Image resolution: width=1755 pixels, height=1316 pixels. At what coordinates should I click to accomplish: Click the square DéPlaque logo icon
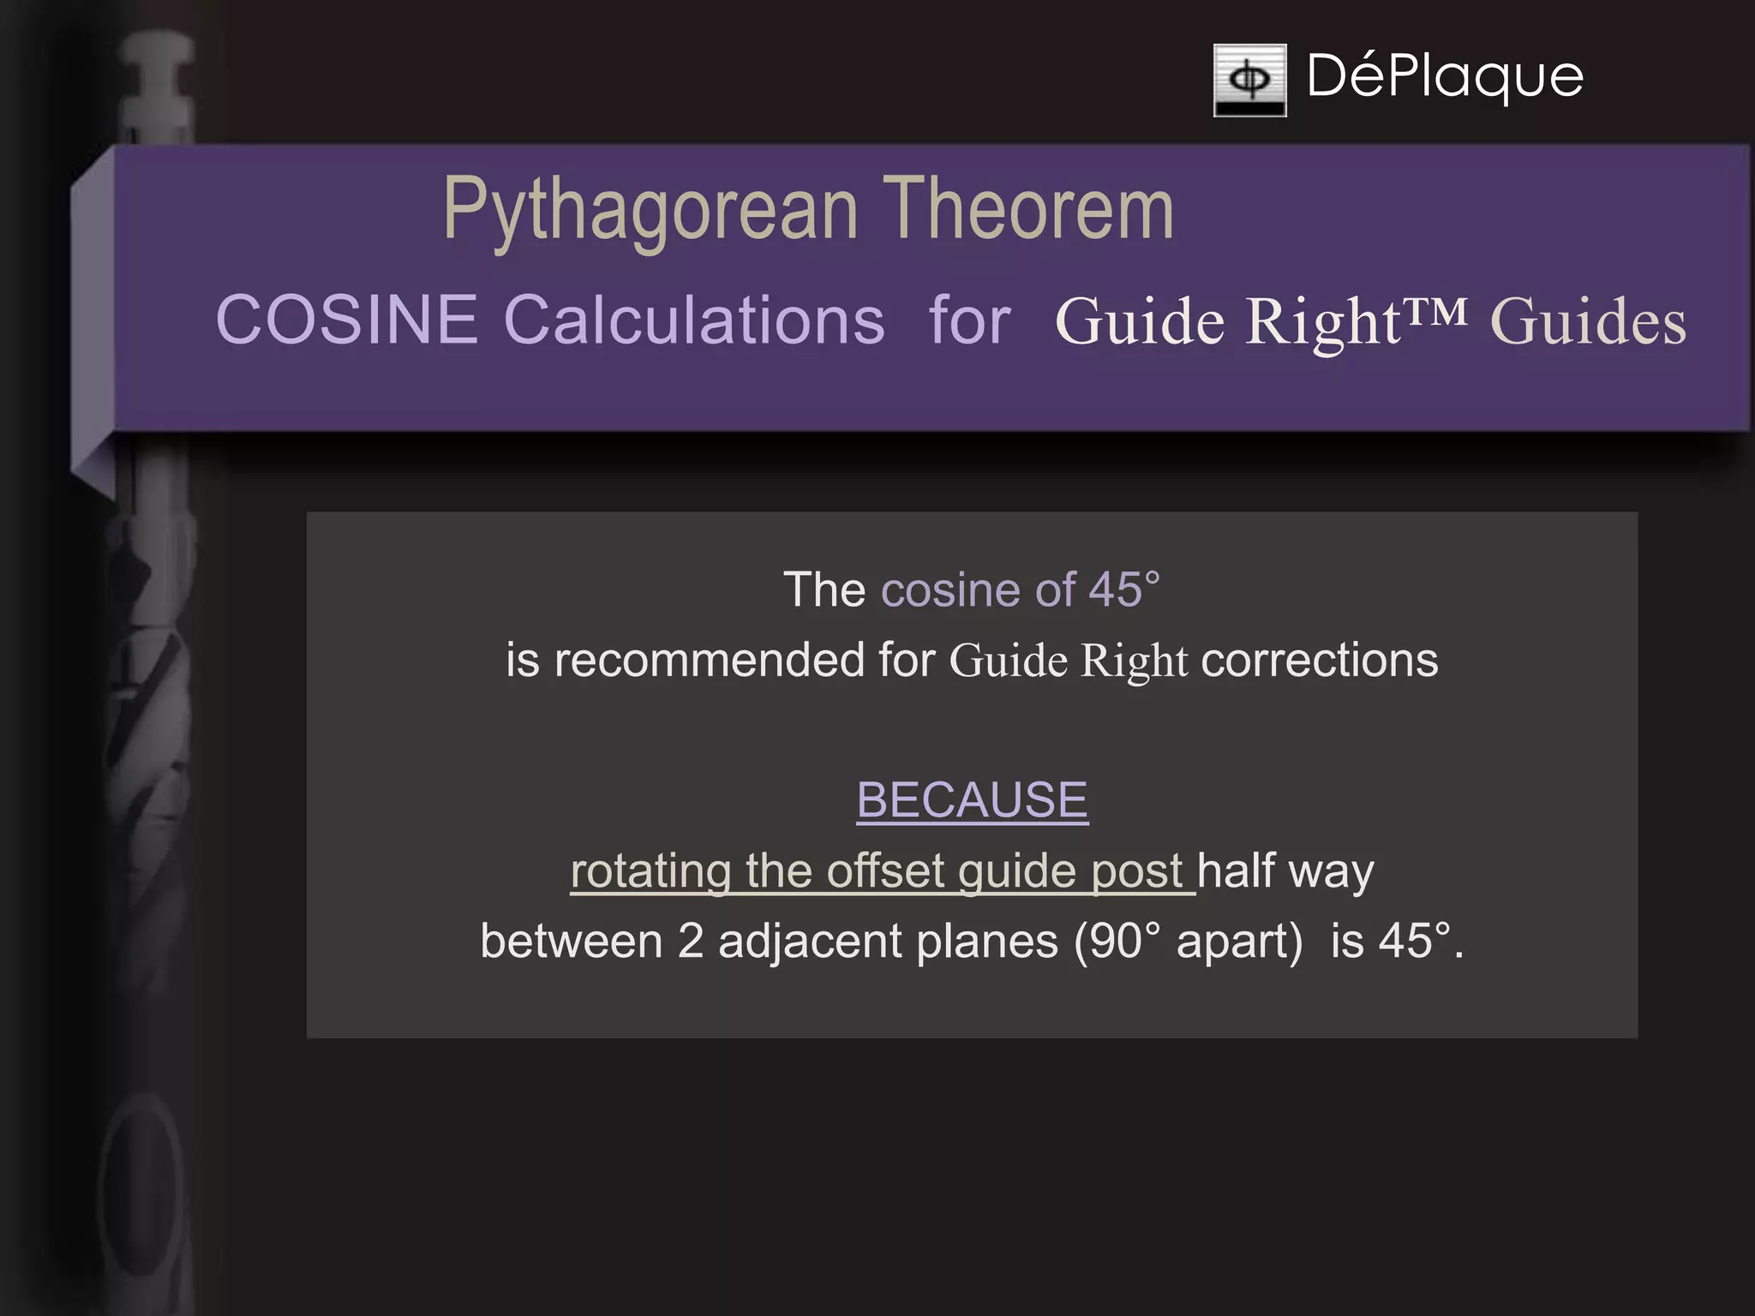click(x=1249, y=80)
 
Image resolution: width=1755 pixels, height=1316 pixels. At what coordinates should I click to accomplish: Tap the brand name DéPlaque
click(x=1445, y=76)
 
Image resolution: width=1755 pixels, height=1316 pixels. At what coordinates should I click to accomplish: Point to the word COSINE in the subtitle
click(x=346, y=320)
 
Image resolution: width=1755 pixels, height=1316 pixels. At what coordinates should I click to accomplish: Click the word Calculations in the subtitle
click(x=694, y=320)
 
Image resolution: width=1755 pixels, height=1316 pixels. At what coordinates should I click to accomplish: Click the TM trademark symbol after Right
click(x=1435, y=310)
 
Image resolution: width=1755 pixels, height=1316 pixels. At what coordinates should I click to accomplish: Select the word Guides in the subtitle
click(x=1588, y=322)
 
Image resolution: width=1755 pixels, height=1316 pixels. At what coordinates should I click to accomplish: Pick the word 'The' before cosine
click(x=824, y=589)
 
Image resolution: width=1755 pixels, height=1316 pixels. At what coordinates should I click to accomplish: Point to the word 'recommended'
click(x=709, y=661)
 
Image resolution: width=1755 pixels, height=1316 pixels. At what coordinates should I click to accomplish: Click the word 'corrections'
click(x=1320, y=661)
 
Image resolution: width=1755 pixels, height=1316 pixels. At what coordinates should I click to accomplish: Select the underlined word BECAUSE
click(x=972, y=799)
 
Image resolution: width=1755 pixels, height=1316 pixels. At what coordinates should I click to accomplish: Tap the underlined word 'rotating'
click(x=650, y=871)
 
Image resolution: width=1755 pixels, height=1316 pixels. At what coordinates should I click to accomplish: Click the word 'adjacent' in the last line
click(x=810, y=941)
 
